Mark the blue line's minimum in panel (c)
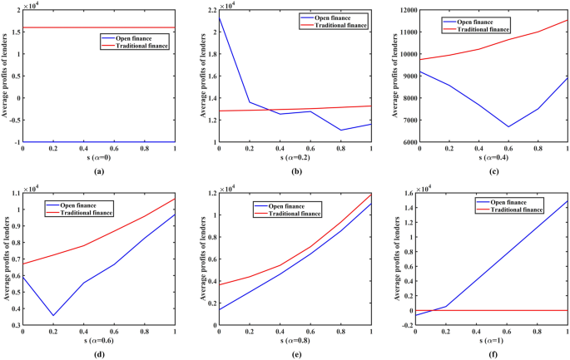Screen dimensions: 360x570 pyautogui.click(x=508, y=127)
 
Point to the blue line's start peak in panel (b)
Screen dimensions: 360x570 pyautogui.click(x=219, y=16)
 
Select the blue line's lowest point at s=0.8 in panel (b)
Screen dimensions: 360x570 pyautogui.click(x=340, y=131)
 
